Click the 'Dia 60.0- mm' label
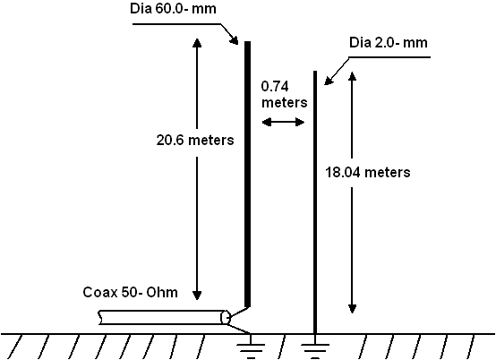coord(173,9)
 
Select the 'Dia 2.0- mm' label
coord(389,43)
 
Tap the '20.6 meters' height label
coord(195,140)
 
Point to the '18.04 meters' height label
coord(368,173)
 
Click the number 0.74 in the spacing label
coord(275,86)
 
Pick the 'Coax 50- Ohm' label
coord(131,292)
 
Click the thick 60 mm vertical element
coord(247,174)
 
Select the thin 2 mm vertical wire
coord(315,202)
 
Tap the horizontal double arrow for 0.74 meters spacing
coord(284,122)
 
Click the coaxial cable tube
coord(164,317)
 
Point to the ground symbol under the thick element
coord(251,348)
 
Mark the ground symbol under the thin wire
coord(315,348)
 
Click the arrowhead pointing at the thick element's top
coord(234,40)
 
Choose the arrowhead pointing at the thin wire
coord(329,81)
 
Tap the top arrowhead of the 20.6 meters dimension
coord(197,43)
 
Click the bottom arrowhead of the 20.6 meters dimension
coord(197,296)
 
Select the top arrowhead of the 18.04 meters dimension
coord(352,76)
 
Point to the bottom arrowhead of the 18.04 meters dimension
coord(352,309)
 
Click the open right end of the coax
coord(226,317)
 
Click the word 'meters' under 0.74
coord(285,103)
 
